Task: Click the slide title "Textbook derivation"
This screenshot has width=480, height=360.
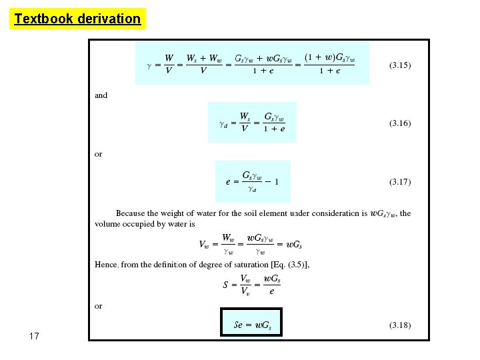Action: click(78, 19)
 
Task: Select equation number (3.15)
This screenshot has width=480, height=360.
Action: click(400, 65)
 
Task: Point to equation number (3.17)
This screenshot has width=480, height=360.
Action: click(400, 181)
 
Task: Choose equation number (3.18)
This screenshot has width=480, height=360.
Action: click(400, 325)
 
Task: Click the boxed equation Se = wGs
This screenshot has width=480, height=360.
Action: click(252, 325)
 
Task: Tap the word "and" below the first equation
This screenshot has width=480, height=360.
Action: click(101, 95)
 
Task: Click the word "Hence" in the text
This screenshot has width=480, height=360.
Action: click(106, 265)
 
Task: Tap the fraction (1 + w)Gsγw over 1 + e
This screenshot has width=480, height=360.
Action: click(329, 65)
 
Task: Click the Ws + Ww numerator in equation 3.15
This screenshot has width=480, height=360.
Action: click(204, 59)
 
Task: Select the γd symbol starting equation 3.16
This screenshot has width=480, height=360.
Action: click(223, 123)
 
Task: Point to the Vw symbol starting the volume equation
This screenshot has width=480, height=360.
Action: click(206, 244)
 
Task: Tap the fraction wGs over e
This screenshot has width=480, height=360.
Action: click(271, 285)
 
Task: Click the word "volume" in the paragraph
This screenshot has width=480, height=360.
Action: click(107, 225)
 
